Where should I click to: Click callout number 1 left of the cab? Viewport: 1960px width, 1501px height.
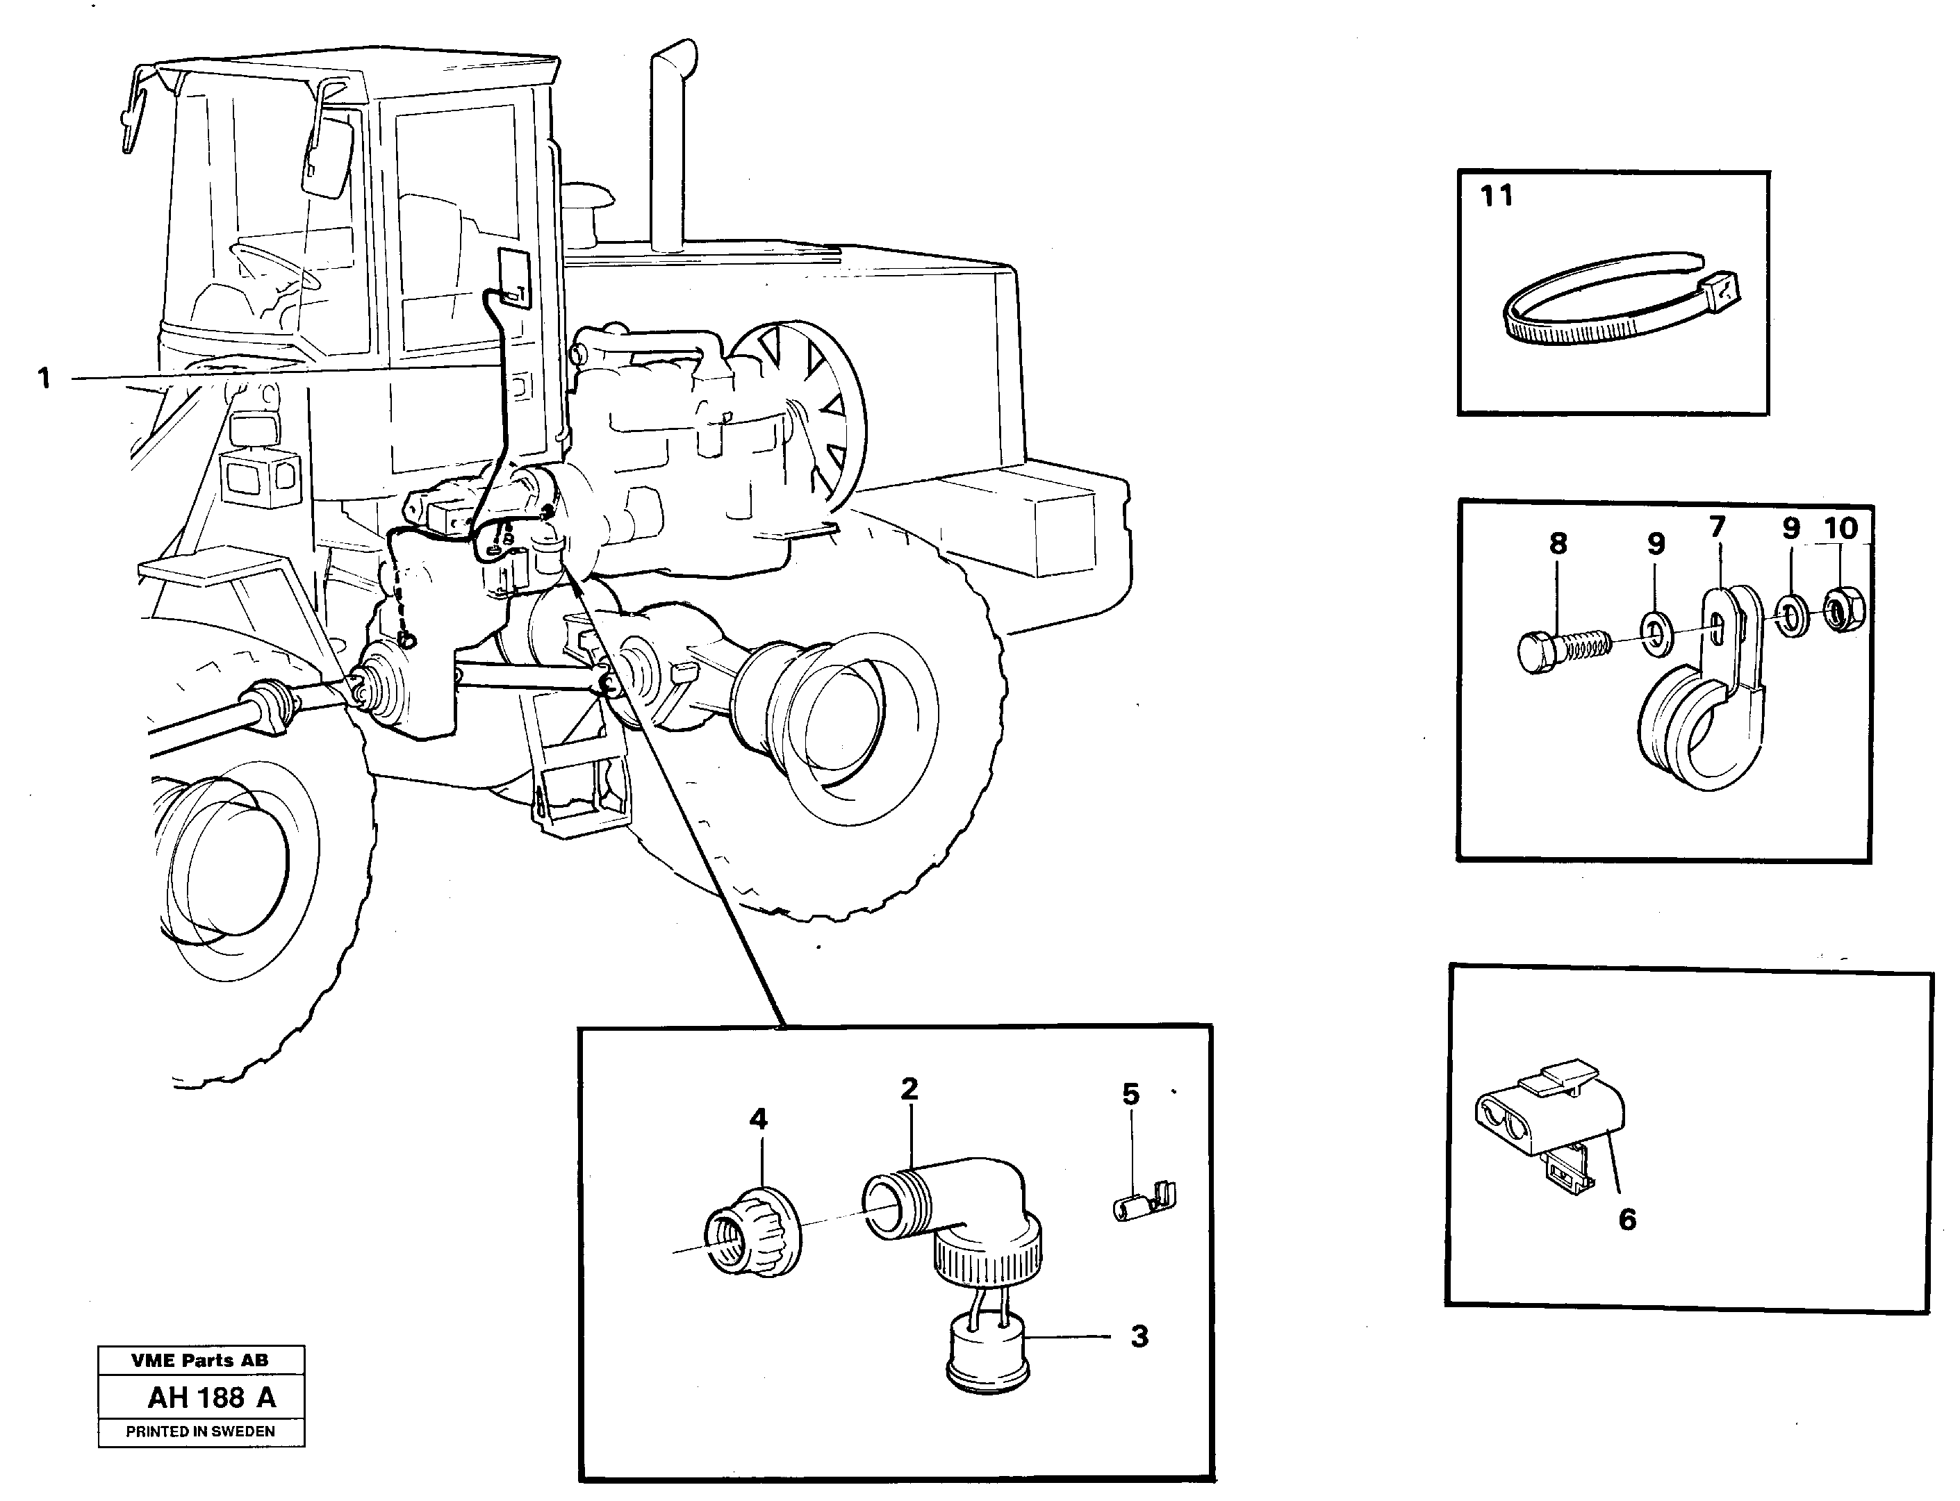tap(44, 378)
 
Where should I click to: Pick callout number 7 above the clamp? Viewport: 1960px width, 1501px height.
tap(1716, 527)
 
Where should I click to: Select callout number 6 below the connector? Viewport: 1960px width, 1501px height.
tap(1627, 1219)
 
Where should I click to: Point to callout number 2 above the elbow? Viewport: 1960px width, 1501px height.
tap(909, 1088)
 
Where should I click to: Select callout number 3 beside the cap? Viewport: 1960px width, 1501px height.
tap(1139, 1336)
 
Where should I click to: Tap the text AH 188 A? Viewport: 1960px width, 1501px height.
tap(212, 1398)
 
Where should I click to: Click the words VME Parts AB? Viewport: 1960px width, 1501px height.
tap(199, 1361)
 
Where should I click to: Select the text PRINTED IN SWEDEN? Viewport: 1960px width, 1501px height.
tap(200, 1432)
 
